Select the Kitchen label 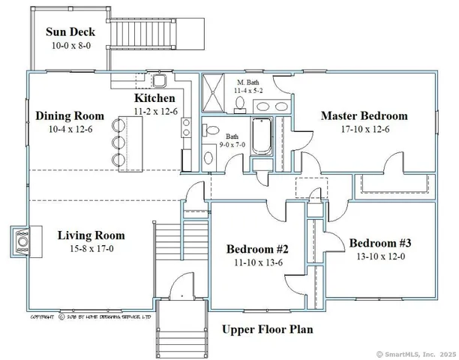155,99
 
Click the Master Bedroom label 364,116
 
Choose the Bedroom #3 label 379,243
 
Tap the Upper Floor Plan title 267,329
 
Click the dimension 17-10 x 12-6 364,129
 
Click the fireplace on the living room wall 22,242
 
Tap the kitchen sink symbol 160,80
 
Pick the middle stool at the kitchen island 118,142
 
